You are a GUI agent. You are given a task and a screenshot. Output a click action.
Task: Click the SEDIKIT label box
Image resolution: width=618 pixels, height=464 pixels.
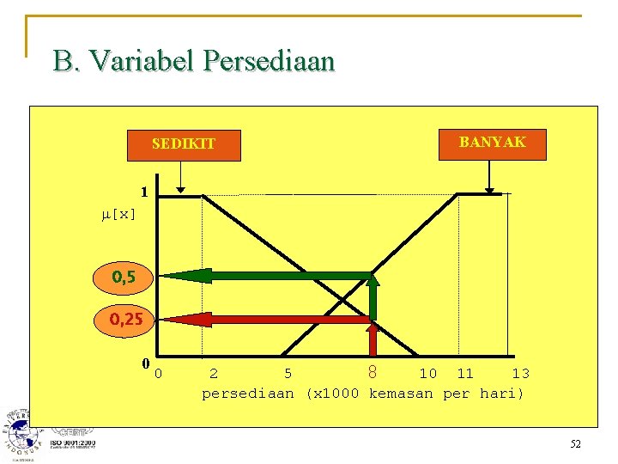[x=184, y=144]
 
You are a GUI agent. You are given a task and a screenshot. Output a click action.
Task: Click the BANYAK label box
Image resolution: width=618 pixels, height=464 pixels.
[x=491, y=143]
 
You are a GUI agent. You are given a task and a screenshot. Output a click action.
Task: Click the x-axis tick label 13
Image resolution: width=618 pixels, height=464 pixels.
[x=520, y=374]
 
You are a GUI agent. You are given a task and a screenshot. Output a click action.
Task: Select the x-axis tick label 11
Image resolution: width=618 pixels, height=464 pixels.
[x=465, y=374]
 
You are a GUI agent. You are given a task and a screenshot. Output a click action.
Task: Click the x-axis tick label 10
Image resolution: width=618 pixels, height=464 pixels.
[x=427, y=374]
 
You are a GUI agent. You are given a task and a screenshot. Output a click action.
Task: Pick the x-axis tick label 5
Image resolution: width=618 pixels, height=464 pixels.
[x=288, y=374]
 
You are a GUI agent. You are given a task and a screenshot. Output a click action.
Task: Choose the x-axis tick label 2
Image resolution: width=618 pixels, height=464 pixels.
[x=213, y=374]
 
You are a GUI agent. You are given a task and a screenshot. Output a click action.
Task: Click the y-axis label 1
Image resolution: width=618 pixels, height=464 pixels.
[x=145, y=192]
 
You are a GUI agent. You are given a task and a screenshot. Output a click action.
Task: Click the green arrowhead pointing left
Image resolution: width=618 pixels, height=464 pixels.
[x=176, y=276]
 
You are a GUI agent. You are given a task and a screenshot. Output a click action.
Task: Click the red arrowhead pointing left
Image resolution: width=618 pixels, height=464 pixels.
[x=176, y=319]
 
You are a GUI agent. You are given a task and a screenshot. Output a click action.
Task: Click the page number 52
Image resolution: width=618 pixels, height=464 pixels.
[x=575, y=443]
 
